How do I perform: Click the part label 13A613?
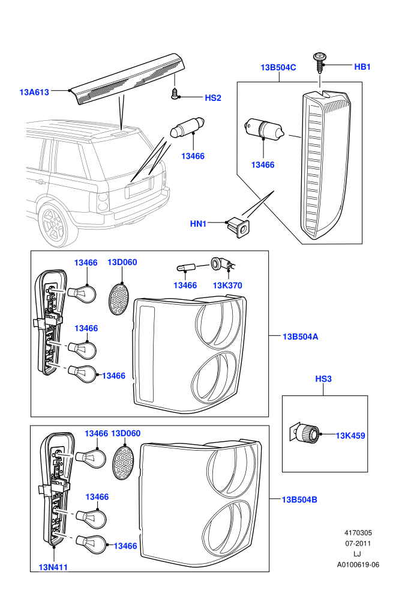(x=34, y=92)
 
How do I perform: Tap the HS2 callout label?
(x=213, y=98)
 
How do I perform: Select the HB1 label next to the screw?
(x=362, y=67)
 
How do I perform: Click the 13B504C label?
(x=278, y=67)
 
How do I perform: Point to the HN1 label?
(x=198, y=224)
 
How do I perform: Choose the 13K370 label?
(x=227, y=285)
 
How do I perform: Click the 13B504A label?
(x=301, y=337)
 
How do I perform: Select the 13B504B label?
(x=299, y=499)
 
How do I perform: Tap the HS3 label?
(x=323, y=379)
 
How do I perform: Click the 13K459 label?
(x=350, y=436)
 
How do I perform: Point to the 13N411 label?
(x=53, y=567)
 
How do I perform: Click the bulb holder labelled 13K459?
(x=305, y=433)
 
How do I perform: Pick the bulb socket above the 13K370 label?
(x=221, y=263)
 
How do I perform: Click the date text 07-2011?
(x=358, y=543)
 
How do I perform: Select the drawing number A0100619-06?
(x=358, y=564)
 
